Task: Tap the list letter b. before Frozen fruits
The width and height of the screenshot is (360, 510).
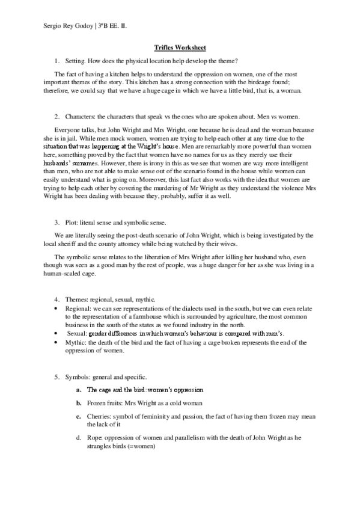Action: (x=79, y=402)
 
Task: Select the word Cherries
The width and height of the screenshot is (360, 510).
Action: (x=101, y=415)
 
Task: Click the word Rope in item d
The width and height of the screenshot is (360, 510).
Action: (x=95, y=438)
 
